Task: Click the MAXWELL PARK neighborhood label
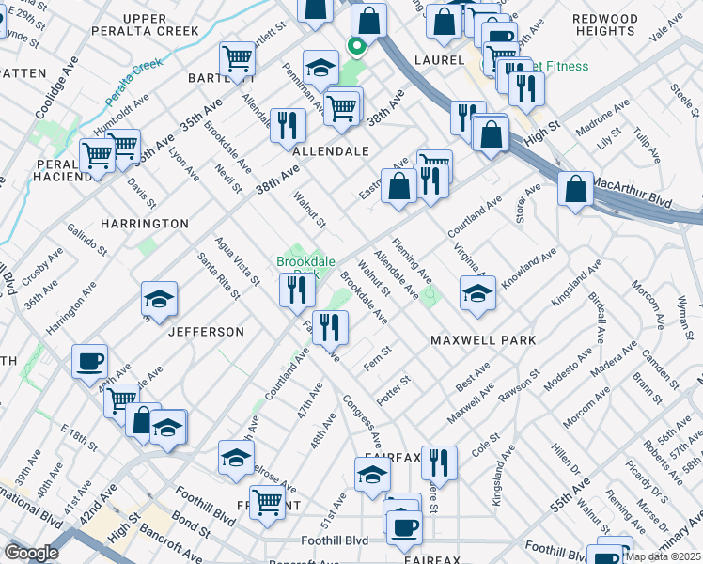(x=483, y=339)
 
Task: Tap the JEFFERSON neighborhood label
(x=206, y=332)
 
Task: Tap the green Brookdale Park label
(x=300, y=262)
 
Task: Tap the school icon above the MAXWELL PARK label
(x=477, y=293)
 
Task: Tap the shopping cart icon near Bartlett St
(x=237, y=59)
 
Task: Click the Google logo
(x=31, y=553)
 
